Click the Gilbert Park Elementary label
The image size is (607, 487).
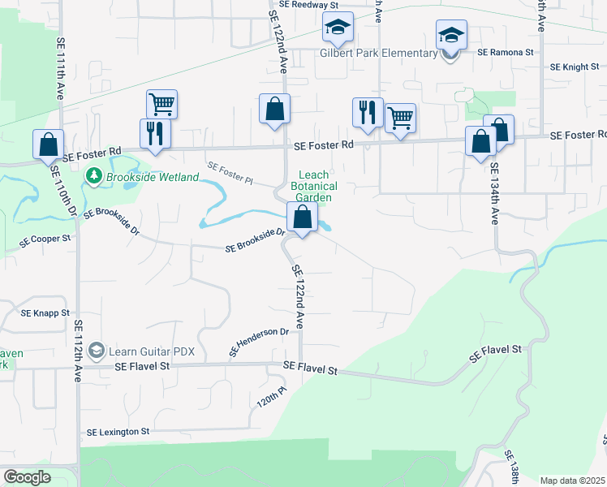point(378,54)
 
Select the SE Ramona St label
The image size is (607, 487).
point(505,52)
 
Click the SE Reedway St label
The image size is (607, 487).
point(308,5)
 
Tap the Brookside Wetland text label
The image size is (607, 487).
point(152,176)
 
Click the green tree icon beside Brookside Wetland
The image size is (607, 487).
point(94,175)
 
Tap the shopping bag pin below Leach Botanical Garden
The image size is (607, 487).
point(302,218)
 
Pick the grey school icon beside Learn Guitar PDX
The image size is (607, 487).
point(97,350)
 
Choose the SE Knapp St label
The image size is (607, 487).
point(45,312)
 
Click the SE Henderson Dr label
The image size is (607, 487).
point(260,342)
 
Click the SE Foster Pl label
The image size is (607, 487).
point(230,172)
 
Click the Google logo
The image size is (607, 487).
point(27,477)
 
